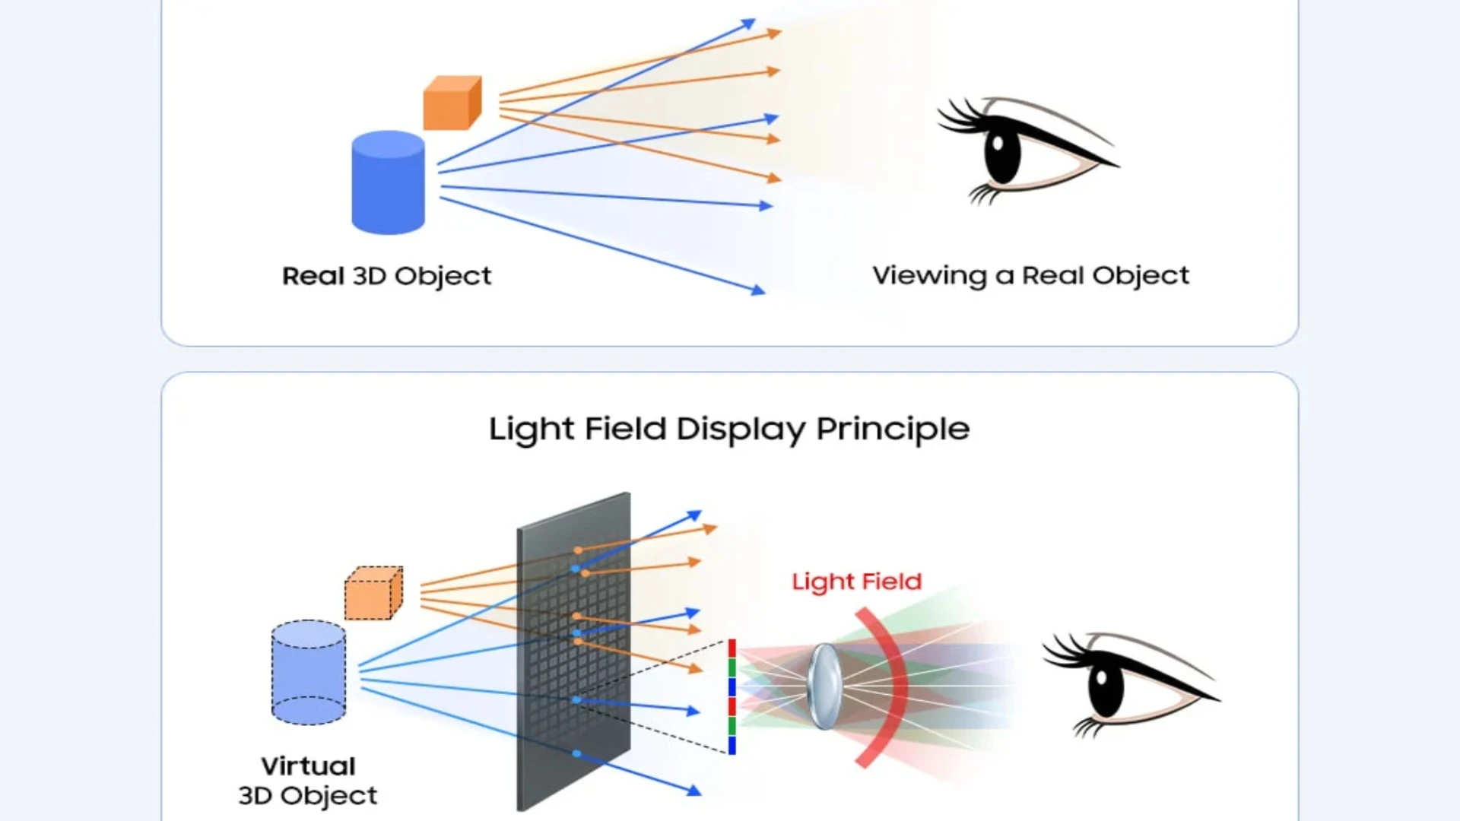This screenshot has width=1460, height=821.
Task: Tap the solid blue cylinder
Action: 388,183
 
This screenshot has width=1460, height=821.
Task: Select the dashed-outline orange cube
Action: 373,594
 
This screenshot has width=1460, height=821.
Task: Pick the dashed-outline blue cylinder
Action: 308,673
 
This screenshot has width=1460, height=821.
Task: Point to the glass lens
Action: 824,686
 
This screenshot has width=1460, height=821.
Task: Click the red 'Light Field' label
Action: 856,582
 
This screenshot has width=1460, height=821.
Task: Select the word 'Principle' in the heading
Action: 893,430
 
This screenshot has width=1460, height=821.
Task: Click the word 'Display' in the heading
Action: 741,430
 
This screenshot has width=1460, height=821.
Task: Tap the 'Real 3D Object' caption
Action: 386,276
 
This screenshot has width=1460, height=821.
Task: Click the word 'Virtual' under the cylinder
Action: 308,766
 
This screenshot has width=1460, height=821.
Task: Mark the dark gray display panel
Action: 573,654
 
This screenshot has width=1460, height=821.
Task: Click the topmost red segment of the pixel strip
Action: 732,648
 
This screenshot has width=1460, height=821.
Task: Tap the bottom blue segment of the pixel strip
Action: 732,745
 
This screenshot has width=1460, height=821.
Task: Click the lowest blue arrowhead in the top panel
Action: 758,290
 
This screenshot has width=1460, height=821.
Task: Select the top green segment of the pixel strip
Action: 732,667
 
